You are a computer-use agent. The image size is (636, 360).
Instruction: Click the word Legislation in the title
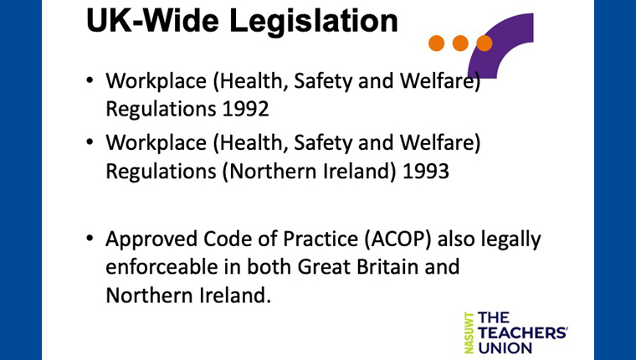click(314, 22)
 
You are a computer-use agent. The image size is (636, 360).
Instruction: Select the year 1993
click(426, 171)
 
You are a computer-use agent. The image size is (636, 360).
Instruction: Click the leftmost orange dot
click(437, 43)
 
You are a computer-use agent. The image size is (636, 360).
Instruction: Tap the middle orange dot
click(460, 43)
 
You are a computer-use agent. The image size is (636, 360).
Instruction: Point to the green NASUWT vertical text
click(469, 332)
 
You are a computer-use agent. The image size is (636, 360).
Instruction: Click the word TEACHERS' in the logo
click(523, 333)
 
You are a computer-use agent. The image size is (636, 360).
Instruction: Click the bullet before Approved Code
click(90, 239)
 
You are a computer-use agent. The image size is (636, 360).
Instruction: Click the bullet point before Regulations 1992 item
click(90, 80)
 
